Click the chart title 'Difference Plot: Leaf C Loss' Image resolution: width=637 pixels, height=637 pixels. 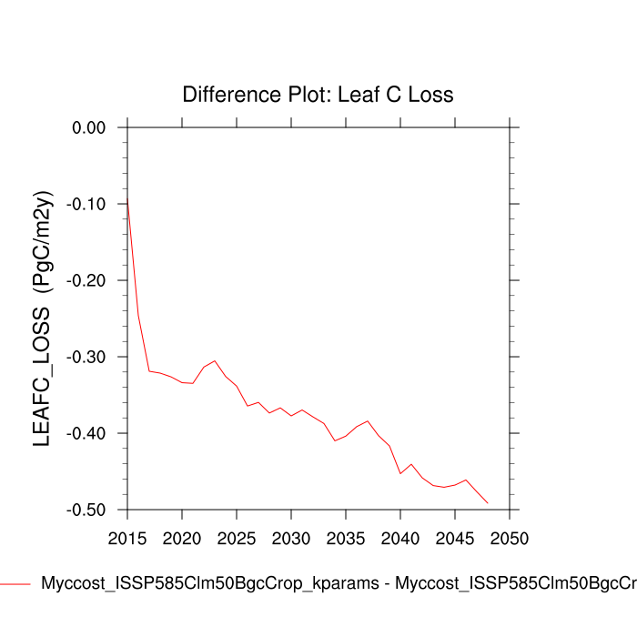[318, 95]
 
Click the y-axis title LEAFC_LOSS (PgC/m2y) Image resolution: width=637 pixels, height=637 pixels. [42, 318]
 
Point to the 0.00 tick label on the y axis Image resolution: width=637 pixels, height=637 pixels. [89, 127]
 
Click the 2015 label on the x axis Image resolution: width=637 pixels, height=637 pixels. [127, 538]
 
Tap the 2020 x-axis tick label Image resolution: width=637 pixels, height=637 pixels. [182, 538]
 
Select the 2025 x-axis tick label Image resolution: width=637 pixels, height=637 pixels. [237, 538]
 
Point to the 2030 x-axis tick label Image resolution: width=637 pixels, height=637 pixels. [291, 538]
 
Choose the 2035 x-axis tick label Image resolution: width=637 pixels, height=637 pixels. [346, 538]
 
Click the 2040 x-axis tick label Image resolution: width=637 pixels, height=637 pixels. [400, 538]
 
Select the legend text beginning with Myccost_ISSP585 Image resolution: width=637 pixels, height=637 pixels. [337, 583]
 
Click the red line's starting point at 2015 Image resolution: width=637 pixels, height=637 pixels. [127, 197]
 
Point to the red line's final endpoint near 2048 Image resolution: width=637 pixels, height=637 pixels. [488, 502]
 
